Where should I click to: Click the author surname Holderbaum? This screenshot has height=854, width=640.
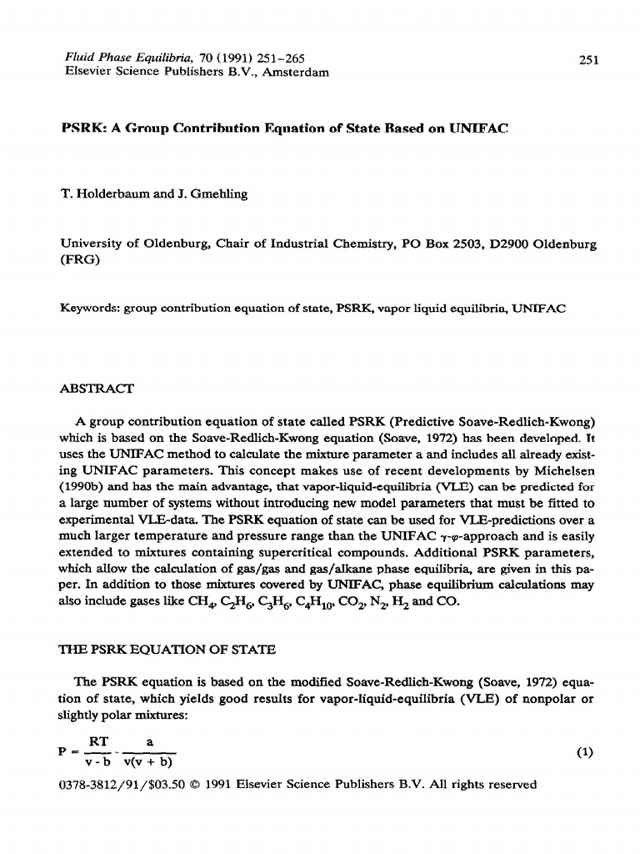tap(117, 194)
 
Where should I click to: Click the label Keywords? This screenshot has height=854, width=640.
tap(91, 308)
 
